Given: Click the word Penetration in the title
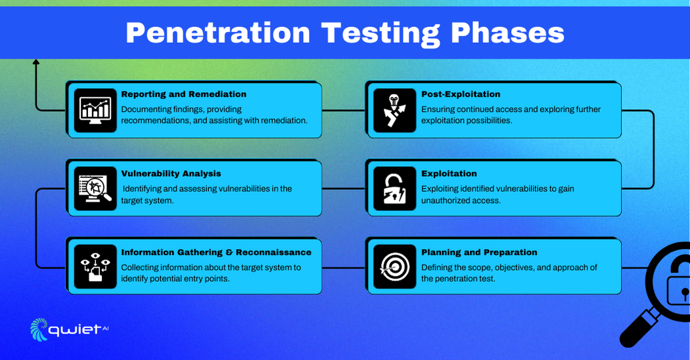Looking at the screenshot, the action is coord(218,33).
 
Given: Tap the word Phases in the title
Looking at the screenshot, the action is coord(507,33).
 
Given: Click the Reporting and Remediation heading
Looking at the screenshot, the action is coord(183,94).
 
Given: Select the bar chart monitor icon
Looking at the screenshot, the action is coord(95,110).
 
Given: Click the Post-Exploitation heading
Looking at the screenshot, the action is coord(461,94).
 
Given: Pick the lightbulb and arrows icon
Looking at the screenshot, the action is coord(394,110).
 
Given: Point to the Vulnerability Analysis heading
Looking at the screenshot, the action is coord(171,173).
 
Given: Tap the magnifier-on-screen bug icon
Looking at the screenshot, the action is coord(95,189).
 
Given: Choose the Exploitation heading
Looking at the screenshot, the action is coord(449,173).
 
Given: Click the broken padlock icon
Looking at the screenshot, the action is coord(394,189).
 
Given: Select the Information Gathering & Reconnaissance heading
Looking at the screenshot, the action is coord(216,252).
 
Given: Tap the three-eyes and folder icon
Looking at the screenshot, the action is coord(95,267).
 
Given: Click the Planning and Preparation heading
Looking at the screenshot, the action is coord(479,252).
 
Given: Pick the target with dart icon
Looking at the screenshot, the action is coord(395,267).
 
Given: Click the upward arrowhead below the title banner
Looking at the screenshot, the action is coord(35,62).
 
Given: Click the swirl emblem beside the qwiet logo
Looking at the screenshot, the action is coord(38,329).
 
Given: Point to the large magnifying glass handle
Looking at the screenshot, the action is coord(639,327).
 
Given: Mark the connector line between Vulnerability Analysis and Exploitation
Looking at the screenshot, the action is coord(344,189).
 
